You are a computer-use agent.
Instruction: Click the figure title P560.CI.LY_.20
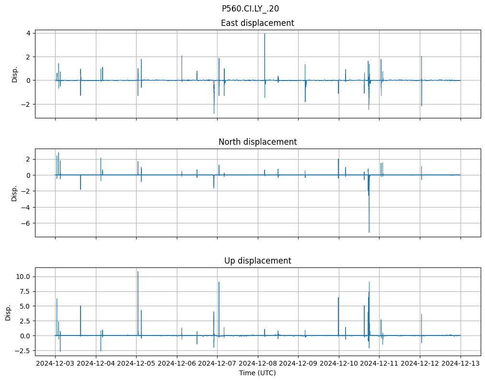pyautogui.click(x=250, y=9)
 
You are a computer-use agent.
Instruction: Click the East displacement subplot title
pyautogui.click(x=257, y=23)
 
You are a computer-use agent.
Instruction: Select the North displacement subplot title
pyautogui.click(x=257, y=142)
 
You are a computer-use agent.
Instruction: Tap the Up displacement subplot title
pyautogui.click(x=257, y=261)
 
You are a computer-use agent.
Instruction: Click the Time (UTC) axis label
pyautogui.click(x=257, y=373)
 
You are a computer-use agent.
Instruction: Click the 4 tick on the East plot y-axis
pyautogui.click(x=28, y=33)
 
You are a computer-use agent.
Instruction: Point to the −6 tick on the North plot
pyautogui.click(x=26, y=223)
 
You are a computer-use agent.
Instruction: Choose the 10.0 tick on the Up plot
pyautogui.click(x=25, y=277)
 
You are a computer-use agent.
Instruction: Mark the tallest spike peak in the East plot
pyautogui.click(x=265, y=34)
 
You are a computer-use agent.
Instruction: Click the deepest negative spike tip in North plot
pyautogui.click(x=369, y=232)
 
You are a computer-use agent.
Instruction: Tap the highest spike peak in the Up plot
pyautogui.click(x=138, y=272)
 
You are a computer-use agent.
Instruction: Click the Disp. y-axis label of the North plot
pyautogui.click(x=14, y=193)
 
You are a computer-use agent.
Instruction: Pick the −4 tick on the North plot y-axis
pyautogui.click(x=26, y=207)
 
